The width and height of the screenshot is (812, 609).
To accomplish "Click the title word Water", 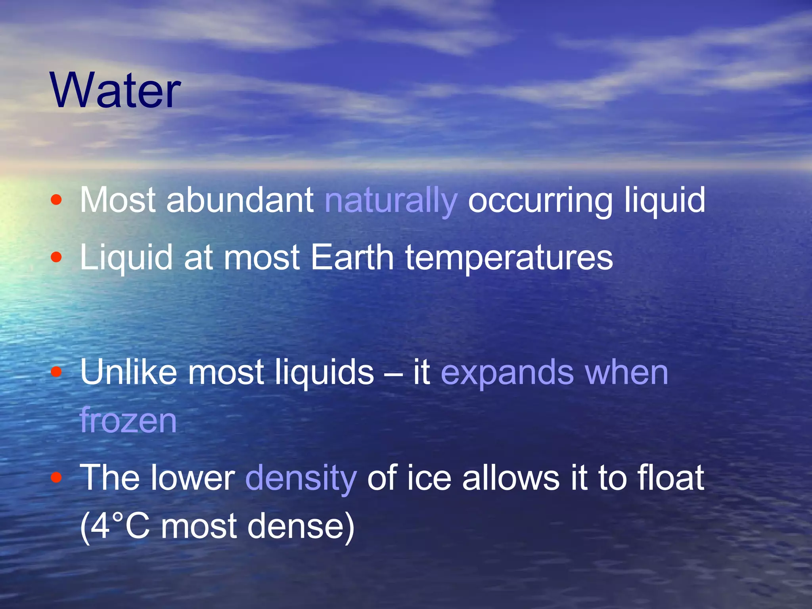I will (x=115, y=90).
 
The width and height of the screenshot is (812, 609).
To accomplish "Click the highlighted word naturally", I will (x=391, y=200).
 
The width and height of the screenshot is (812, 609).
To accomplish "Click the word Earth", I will (x=352, y=257).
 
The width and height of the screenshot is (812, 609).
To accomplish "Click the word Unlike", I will (x=128, y=372).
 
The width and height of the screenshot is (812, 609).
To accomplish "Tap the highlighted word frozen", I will (x=128, y=420).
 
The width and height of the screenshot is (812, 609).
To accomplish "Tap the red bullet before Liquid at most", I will (x=56, y=257).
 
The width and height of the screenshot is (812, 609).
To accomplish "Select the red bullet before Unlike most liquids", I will (x=56, y=372).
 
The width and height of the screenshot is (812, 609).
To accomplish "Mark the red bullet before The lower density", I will (x=56, y=477).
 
